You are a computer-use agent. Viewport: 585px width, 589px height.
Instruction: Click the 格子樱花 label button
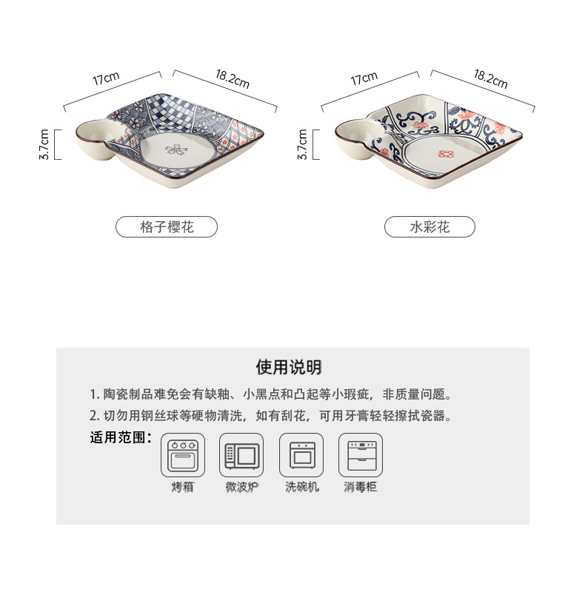(167, 226)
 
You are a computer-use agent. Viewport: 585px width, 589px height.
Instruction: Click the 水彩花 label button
(429, 226)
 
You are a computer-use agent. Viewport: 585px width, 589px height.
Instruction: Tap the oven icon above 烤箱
(182, 455)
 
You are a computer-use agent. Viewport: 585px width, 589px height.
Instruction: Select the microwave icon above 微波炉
(241, 455)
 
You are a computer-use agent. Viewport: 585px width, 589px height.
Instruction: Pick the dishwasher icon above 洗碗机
(301, 455)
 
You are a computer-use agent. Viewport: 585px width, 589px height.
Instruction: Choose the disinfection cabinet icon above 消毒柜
(361, 455)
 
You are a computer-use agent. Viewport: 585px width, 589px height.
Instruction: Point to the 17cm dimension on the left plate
(107, 79)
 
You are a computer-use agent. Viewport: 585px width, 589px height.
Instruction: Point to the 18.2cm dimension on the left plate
(232, 78)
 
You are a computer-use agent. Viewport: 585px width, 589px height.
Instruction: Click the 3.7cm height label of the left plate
(44, 144)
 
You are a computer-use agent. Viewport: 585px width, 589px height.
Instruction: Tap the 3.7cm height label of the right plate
(302, 144)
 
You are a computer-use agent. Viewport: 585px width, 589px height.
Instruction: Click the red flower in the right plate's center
(445, 154)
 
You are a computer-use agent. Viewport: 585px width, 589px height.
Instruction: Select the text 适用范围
(120, 437)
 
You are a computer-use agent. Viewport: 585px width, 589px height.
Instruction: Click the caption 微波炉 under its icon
(241, 488)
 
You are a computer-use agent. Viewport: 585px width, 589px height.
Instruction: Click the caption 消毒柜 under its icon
(361, 488)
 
